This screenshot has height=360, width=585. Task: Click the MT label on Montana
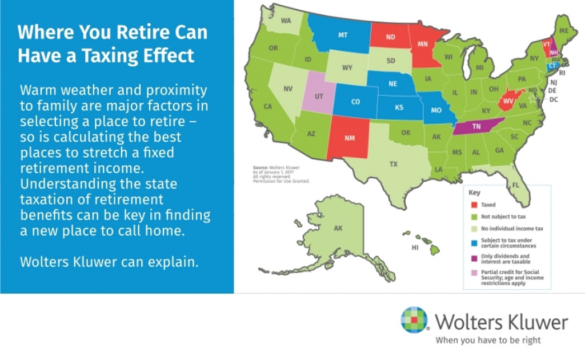(x=343, y=35)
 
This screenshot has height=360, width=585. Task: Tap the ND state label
(x=391, y=37)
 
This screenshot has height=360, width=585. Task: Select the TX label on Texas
(x=394, y=164)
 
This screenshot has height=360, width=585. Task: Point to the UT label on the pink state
(x=319, y=96)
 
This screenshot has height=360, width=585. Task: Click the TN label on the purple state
(x=476, y=126)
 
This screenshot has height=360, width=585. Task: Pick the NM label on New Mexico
(x=350, y=138)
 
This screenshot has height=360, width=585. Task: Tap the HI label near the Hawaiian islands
(x=415, y=247)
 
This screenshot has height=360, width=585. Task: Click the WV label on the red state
(x=508, y=101)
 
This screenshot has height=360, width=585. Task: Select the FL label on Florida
(x=516, y=185)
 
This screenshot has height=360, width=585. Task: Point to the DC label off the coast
(x=554, y=99)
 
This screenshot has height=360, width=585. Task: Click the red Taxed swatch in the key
(x=474, y=205)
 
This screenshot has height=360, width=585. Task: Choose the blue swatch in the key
(x=474, y=243)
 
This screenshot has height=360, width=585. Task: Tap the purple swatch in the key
(x=474, y=258)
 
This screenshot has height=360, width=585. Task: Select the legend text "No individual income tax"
(x=512, y=229)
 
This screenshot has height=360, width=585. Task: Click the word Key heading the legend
(x=474, y=193)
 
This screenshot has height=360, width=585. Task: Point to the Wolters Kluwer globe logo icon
(x=414, y=319)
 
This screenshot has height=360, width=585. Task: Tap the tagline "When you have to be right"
(x=488, y=340)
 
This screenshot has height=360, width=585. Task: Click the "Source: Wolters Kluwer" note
(x=276, y=168)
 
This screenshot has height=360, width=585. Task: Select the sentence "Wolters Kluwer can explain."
(x=109, y=262)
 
